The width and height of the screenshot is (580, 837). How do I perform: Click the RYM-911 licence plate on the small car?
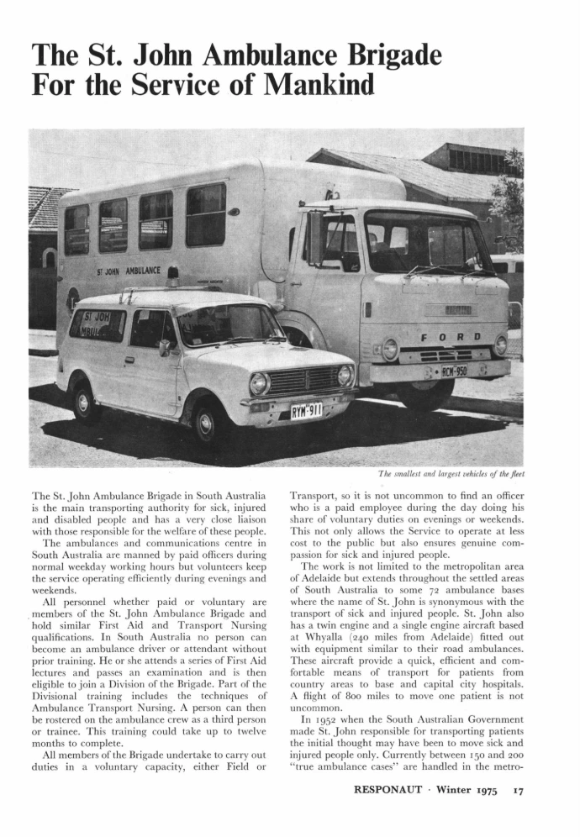[306, 411]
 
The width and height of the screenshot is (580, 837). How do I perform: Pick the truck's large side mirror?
[314, 239]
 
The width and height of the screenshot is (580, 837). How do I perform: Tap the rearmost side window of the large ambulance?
[76, 229]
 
